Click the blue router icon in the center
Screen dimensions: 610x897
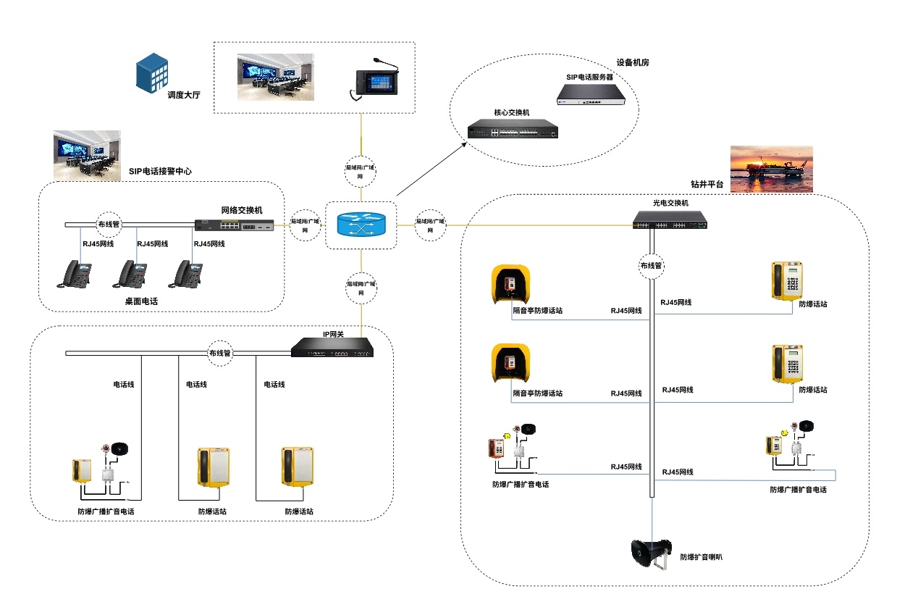pos(360,225)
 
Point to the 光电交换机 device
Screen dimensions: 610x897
pos(670,220)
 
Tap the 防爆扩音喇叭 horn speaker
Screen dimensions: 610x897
pos(649,555)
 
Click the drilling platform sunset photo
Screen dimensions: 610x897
pos(771,169)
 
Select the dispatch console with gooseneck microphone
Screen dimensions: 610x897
pos(374,80)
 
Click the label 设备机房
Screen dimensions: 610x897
pos(633,63)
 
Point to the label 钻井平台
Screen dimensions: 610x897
pos(707,185)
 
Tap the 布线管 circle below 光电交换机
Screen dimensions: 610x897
pos(651,266)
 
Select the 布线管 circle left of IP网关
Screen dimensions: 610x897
pos(219,354)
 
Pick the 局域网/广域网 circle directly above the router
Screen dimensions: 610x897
pos(360,171)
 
